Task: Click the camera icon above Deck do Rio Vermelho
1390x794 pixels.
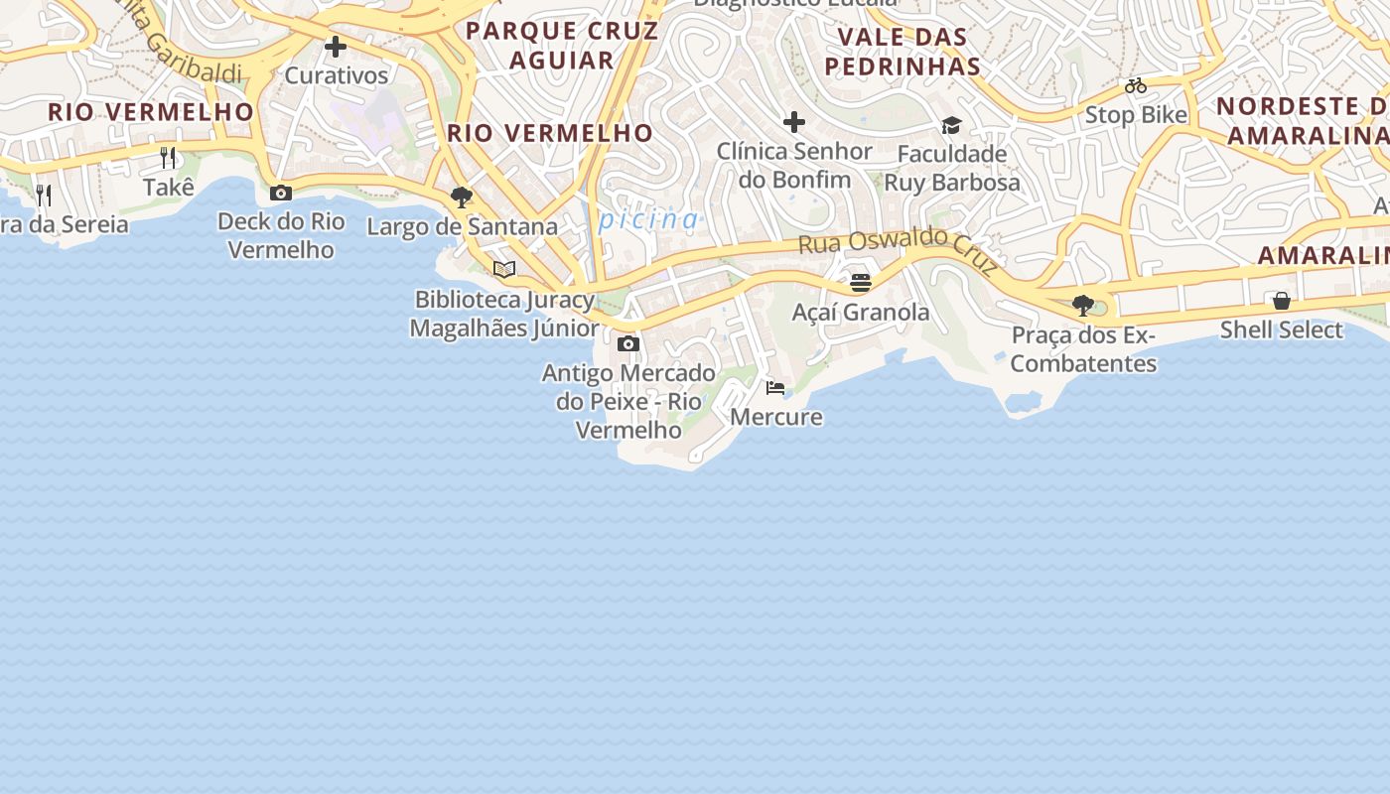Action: coord(281,193)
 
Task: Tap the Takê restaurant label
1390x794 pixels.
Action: coord(169,188)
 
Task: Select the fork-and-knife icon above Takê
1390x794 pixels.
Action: coord(168,157)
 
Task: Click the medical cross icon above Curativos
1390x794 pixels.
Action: coord(336,47)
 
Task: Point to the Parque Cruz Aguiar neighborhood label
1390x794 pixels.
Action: coord(562,45)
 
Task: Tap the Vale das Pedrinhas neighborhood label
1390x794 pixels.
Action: coord(903,52)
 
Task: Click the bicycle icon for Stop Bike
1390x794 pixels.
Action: coord(1136,86)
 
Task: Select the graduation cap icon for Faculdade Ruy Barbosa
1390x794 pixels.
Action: coord(951,125)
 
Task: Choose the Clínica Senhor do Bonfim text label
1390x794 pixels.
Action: coord(794,165)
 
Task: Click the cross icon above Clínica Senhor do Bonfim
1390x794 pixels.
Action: coord(793,122)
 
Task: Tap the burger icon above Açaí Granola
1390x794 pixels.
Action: coord(861,283)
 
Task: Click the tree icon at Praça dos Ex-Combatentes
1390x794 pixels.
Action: coord(1083,305)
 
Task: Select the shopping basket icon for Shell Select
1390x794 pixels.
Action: coord(1282,300)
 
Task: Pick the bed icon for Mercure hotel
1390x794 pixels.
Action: coord(775,388)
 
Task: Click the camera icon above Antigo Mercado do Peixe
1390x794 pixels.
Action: coord(628,344)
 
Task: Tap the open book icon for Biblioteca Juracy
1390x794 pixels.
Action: coord(504,269)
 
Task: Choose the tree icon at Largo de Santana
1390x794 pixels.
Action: coord(461,198)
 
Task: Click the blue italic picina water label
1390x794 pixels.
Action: coord(649,219)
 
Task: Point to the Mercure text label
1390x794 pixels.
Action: coord(776,417)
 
